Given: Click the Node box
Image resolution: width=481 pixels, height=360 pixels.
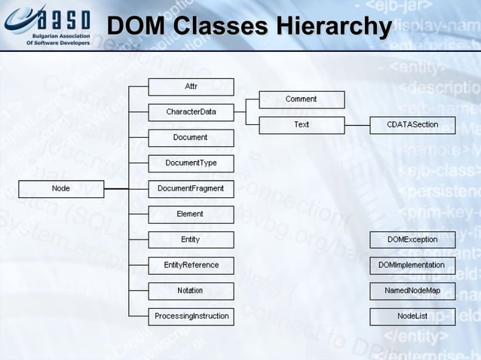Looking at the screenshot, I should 61,188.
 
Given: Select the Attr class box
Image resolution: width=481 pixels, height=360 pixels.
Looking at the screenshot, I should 191,87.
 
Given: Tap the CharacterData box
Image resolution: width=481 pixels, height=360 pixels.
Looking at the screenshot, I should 191,112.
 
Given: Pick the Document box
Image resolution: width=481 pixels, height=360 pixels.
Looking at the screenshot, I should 191,138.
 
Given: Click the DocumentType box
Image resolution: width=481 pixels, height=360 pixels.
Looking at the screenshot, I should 191,163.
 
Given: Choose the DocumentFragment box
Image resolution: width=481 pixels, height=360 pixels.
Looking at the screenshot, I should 191,188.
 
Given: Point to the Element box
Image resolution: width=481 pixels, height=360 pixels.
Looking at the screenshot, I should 191,214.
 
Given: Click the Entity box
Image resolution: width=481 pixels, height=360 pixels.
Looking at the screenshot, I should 191,239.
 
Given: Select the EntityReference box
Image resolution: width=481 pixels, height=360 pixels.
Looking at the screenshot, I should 191,265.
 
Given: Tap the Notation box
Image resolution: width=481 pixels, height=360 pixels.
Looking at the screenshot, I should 191,291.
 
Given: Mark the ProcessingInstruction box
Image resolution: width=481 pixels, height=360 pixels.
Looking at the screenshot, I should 191,316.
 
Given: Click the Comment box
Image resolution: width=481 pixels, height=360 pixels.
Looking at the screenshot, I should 302,99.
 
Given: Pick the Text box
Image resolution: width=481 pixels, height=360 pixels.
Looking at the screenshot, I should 302,125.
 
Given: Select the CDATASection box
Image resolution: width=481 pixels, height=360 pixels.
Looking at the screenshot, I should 412,125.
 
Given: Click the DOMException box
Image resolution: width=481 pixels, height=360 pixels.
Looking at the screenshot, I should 412,239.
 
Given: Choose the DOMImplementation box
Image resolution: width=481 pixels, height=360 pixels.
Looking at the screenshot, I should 412,265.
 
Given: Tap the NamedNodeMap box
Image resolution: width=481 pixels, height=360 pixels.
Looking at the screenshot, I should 412,291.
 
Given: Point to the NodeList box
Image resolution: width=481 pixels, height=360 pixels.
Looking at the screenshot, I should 412,316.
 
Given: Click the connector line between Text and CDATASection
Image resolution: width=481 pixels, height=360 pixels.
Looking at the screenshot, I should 357,125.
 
